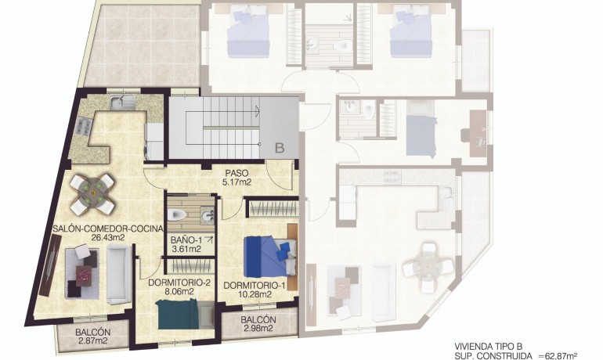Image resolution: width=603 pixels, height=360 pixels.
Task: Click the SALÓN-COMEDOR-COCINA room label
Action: click(x=107, y=229)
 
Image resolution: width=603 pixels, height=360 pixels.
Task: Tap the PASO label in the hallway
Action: click(x=236, y=173)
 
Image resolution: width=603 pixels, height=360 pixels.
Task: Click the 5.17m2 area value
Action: click(x=236, y=182)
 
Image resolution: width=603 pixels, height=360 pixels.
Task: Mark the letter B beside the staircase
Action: click(x=280, y=145)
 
